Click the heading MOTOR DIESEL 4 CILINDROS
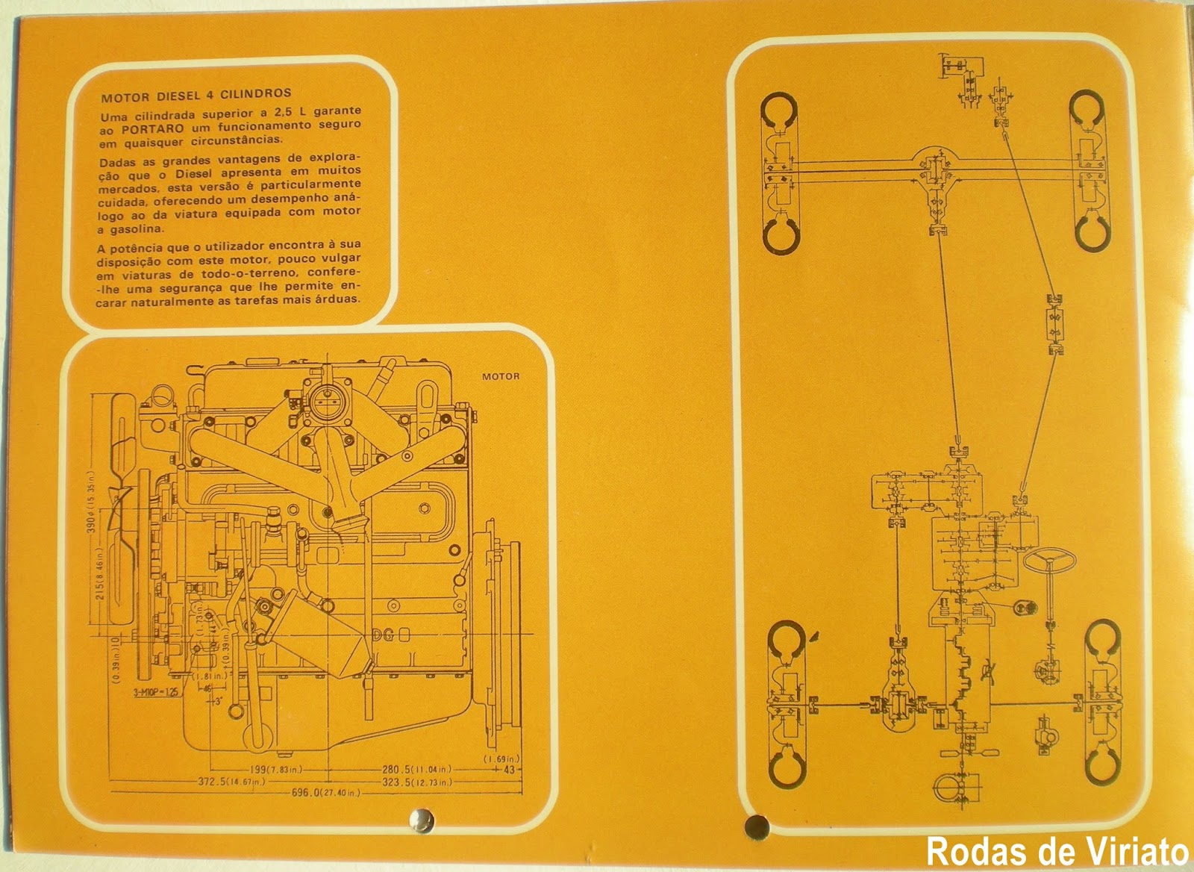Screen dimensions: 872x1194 pos(196,95)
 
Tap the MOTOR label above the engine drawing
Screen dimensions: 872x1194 pos(500,376)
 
